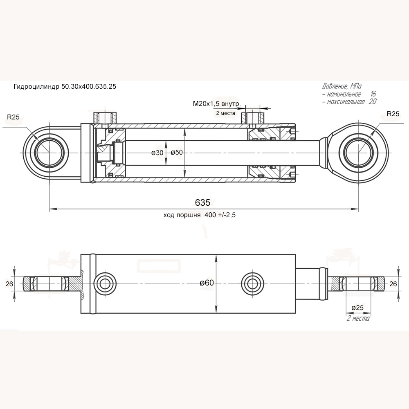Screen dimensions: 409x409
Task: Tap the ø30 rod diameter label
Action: [x=157, y=153]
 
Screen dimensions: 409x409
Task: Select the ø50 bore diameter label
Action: [x=176, y=153]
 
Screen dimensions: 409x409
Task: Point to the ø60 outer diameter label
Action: [x=207, y=283]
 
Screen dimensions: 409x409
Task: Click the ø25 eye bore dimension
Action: [x=358, y=308]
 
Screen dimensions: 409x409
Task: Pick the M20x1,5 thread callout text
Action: [x=216, y=104]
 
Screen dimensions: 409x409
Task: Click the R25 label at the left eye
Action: [x=13, y=117]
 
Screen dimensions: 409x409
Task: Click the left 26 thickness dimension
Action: [x=9, y=283]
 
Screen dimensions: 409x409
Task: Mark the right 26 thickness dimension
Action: [x=393, y=283]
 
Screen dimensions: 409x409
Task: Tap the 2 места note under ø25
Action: [x=358, y=318]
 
